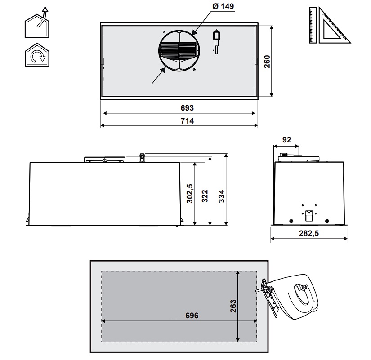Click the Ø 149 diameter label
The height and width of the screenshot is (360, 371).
tap(223, 6)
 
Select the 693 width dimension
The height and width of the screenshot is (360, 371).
tap(187, 108)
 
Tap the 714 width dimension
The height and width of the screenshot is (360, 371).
tap(187, 121)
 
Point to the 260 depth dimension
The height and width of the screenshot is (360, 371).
tap(267, 62)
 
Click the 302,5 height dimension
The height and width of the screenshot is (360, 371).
tap(190, 193)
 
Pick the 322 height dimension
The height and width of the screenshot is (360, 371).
tap(205, 196)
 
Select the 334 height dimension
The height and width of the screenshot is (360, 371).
tap(221, 196)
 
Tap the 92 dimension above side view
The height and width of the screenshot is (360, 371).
tap(286, 140)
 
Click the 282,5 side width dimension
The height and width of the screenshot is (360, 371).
tap(309, 233)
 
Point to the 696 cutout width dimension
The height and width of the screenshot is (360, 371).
tap(192, 316)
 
